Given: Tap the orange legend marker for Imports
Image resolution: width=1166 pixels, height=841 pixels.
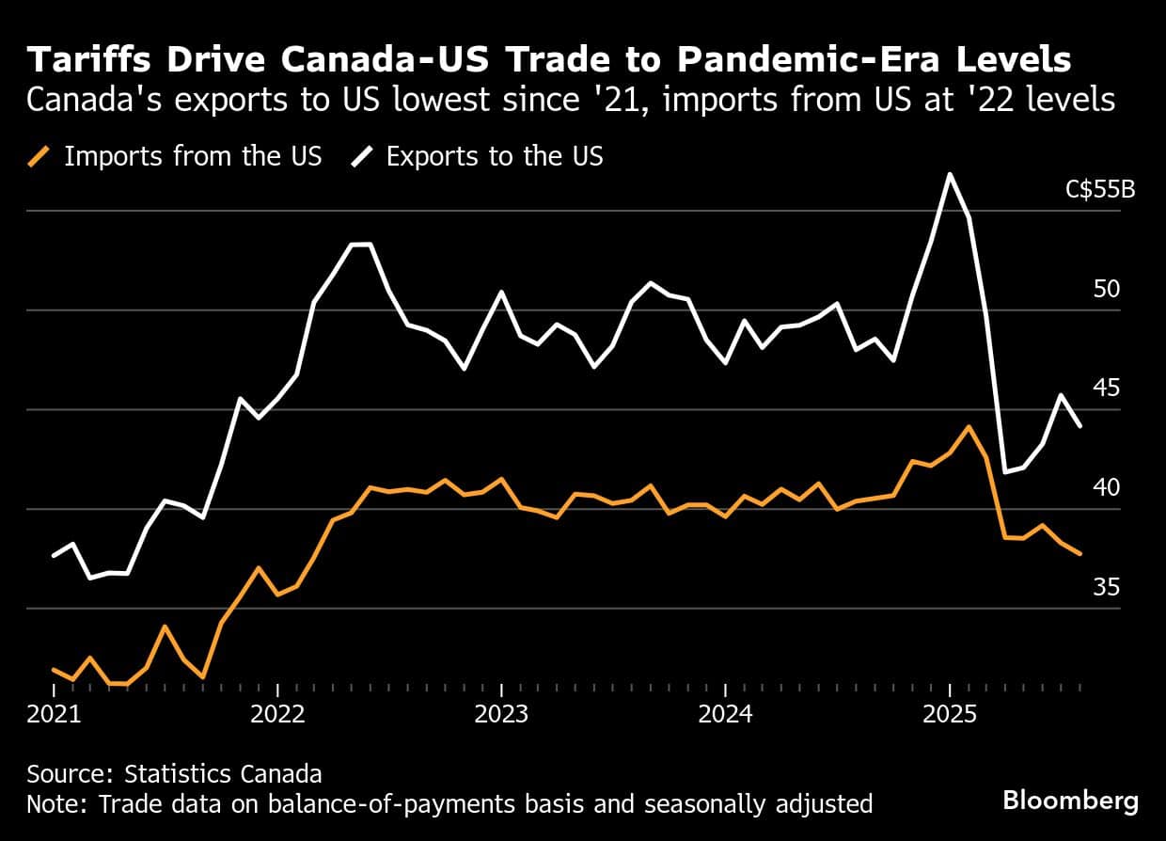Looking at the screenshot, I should pos(39,156).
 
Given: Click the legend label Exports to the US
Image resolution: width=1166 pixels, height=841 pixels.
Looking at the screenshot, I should pos(495,156).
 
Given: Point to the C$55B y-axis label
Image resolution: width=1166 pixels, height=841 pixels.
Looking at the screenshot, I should pos(1100,189).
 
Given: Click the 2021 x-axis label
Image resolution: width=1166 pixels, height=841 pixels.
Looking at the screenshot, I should pos(54,714).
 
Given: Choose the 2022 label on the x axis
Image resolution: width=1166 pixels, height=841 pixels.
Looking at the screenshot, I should pos(277,714).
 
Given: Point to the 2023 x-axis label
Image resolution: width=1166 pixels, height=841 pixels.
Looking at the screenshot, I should pos(501,714).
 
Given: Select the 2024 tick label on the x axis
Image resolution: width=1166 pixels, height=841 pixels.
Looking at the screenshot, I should pos(725,714).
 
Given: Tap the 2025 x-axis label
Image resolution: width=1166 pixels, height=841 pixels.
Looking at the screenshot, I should pos(949,714).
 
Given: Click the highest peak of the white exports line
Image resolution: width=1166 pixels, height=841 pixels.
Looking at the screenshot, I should pos(950,174).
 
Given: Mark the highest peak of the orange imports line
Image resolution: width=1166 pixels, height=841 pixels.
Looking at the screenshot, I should pos(969,426).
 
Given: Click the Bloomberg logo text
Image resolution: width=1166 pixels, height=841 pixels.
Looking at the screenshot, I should pos(1070,801).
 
